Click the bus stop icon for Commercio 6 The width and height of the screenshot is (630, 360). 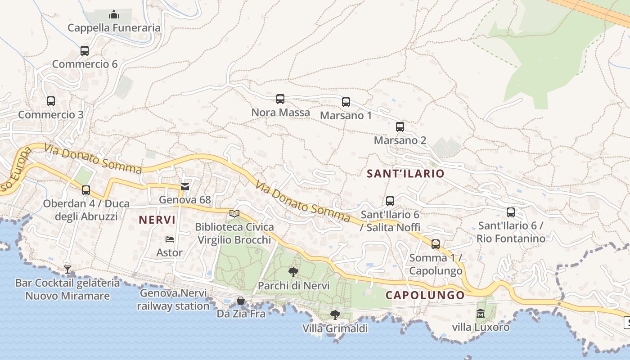[x=85, y=50]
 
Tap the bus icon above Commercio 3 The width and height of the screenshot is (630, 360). [x=51, y=101]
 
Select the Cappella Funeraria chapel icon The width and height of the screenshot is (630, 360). [x=114, y=14]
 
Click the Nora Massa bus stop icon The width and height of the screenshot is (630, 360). [x=280, y=99]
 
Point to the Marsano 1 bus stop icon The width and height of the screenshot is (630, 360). [x=346, y=102]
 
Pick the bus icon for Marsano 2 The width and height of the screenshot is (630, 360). [x=400, y=127]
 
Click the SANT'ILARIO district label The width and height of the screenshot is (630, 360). [x=405, y=174]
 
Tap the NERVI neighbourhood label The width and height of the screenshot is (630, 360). [x=157, y=220]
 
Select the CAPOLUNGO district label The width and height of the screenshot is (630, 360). [x=425, y=295]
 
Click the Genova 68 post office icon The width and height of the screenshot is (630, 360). [x=185, y=186]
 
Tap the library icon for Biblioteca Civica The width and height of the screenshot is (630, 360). [x=234, y=213]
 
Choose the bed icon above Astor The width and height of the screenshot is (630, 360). [x=170, y=239]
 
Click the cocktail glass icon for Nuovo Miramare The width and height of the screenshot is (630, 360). [x=67, y=270]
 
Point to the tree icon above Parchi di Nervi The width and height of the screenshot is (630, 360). [x=293, y=272]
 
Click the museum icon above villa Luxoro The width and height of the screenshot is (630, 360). [x=481, y=314]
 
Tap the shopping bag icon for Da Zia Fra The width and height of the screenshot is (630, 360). [x=241, y=300]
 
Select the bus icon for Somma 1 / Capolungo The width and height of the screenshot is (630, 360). [x=436, y=244]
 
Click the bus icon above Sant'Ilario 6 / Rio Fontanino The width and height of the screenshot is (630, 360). [x=511, y=212]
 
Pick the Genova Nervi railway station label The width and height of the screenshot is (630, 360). [x=173, y=300]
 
